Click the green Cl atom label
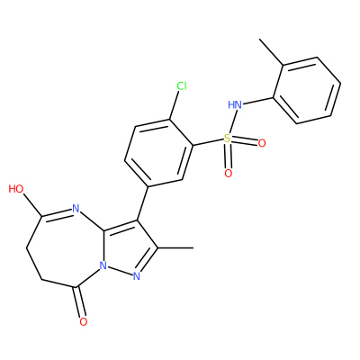tap(182, 86)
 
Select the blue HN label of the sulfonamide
tap(235, 104)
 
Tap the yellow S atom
tap(228, 139)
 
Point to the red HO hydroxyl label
tap(16, 189)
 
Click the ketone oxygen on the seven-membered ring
tap(84, 322)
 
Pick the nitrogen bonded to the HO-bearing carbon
tap(75, 208)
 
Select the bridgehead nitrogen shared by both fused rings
tap(103, 265)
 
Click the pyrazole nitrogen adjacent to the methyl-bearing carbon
tap(137, 276)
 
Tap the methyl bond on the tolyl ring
tap(271, 51)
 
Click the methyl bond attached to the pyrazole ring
tap(175, 247)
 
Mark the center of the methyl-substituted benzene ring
tap(307, 90)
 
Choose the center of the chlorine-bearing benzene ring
tap(159, 153)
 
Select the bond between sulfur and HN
tap(231, 121)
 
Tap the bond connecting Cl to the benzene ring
tap(175, 105)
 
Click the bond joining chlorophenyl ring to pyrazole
tap(142, 203)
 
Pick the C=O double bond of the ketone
tap(79, 302)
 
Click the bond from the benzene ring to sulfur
tap(209, 142)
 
